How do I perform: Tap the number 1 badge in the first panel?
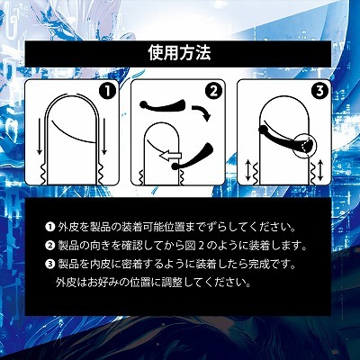pos(106,90)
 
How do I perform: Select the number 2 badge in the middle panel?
pos(213,90)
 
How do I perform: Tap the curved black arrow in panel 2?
pos(205,116)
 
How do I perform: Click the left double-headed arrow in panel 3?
pos(250,168)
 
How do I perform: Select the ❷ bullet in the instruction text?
pos(49,245)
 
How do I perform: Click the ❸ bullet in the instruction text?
pos(49,263)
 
